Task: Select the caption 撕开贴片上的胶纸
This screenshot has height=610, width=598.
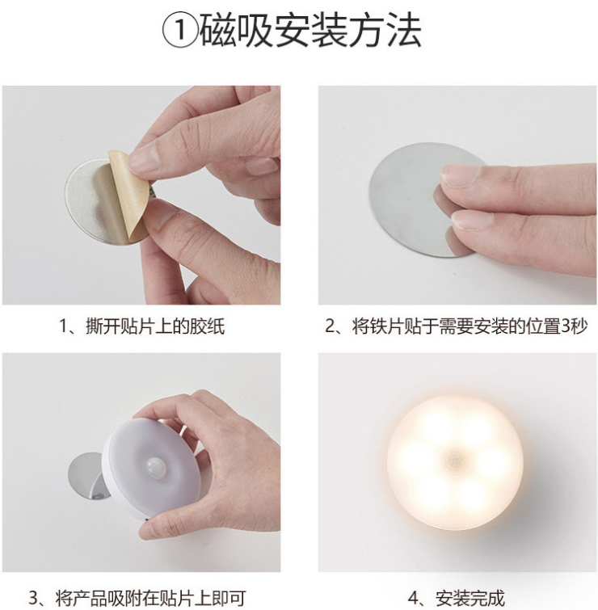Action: [x=155, y=326]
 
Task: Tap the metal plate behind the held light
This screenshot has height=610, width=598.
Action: [x=87, y=475]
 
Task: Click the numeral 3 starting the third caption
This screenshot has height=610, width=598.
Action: [x=33, y=599]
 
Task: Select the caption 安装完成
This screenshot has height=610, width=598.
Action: [x=470, y=599]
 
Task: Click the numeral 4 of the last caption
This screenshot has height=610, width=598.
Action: [x=413, y=599]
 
